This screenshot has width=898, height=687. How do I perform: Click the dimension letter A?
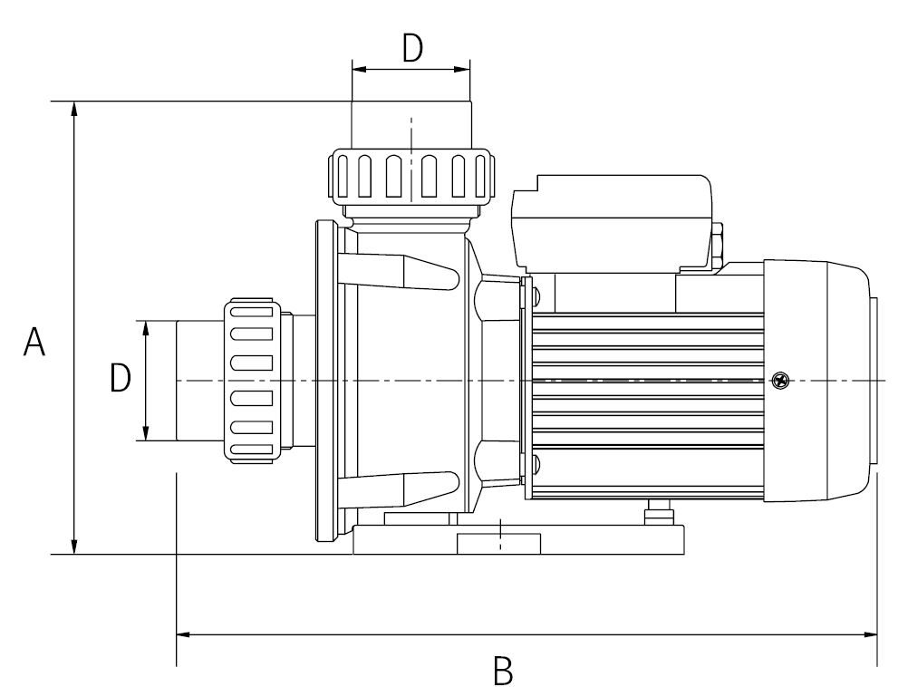34,342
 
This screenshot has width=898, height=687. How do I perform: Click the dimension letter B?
503,671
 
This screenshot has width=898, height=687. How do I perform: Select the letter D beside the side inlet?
121,378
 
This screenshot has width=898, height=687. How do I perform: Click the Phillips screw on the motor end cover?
780,380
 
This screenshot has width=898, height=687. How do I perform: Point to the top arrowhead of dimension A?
74,109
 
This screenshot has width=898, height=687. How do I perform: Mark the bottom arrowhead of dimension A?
74,547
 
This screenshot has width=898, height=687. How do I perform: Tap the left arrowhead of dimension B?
184,634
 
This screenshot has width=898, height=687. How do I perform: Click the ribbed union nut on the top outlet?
411,176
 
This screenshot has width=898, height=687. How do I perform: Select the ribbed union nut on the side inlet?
252,381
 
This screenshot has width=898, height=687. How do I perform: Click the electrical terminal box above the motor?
613,224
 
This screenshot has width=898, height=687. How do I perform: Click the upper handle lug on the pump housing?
400,271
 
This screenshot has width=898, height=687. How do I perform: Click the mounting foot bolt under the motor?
658,512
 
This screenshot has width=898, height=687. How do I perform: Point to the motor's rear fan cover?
819,381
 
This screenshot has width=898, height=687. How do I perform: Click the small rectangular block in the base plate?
498,544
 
